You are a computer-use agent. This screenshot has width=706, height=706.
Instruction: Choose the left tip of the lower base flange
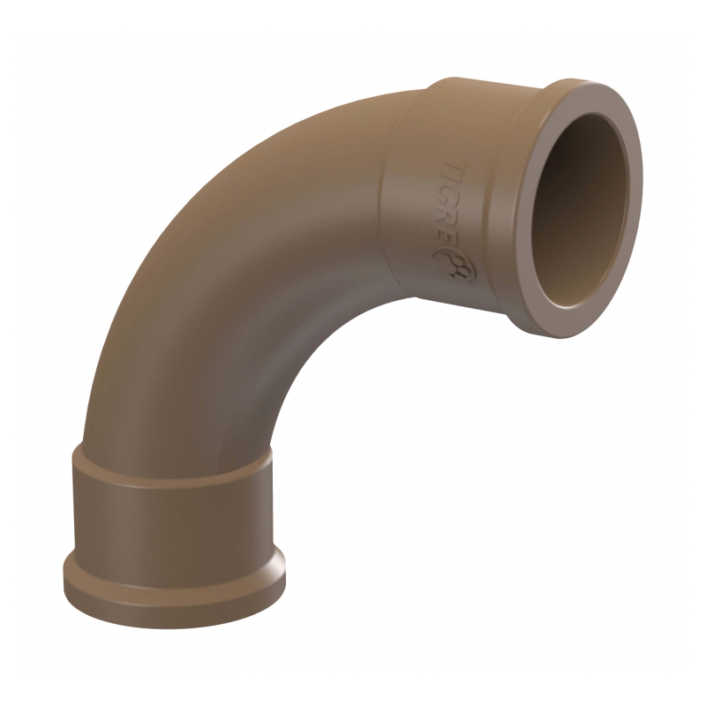64,574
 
